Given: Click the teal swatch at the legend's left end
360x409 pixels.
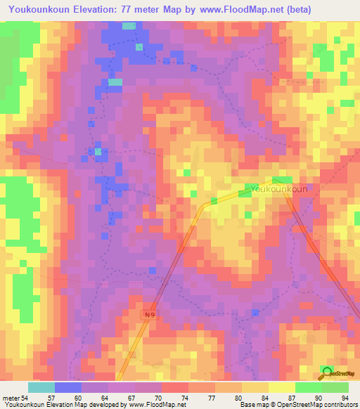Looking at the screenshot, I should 41,387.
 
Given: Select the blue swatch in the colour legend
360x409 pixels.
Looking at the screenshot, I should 68,387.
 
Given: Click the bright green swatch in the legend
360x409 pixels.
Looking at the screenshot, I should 309,387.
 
